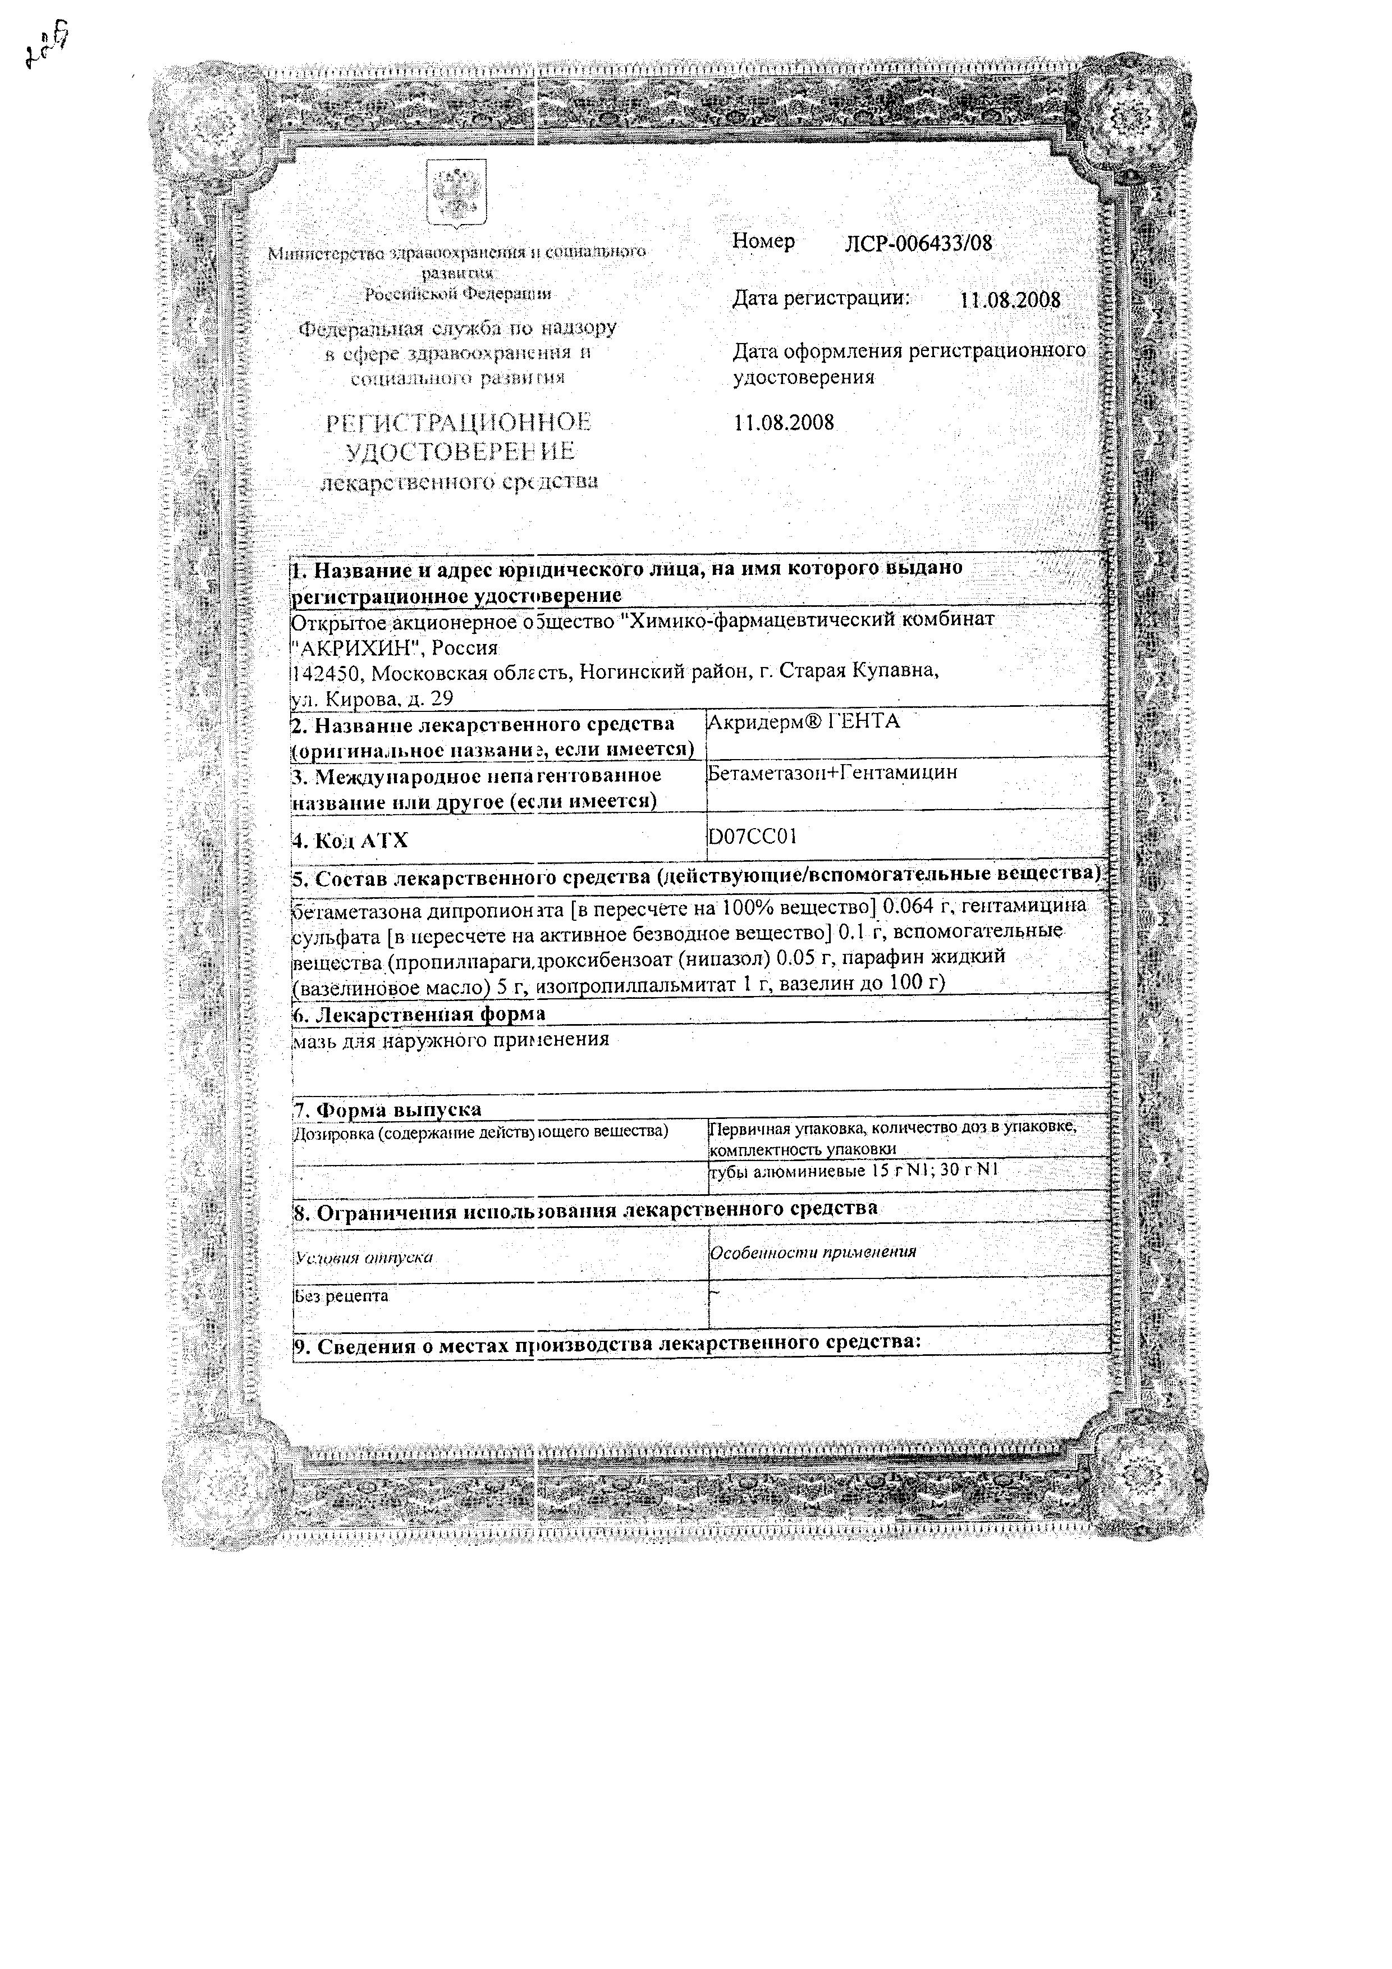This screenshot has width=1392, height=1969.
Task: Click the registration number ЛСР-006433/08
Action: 918,244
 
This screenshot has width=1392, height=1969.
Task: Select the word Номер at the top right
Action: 763,243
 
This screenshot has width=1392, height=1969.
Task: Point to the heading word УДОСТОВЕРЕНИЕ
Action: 460,452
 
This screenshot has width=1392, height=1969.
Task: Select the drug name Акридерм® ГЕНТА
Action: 803,722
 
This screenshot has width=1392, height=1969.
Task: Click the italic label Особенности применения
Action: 813,1252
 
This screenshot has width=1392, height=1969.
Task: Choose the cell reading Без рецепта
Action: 341,1296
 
